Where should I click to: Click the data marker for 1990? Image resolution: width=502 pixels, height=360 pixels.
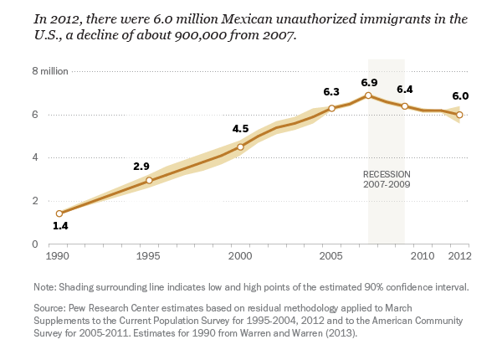pos(59,213)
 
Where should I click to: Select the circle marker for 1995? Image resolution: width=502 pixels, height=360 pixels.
pos(149,180)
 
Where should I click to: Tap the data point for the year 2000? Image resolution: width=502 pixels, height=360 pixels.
pos(240,147)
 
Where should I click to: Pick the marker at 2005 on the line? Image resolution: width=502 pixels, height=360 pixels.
pos(331,108)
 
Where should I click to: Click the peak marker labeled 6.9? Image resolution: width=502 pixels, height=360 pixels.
pos(368,95)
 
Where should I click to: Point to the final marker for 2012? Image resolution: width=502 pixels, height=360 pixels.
pos(459,115)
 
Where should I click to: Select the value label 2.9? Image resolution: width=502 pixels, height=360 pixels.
pos(141,167)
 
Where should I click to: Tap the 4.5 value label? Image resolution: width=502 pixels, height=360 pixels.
pos(241,129)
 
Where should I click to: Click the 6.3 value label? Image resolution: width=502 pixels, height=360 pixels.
pos(331,92)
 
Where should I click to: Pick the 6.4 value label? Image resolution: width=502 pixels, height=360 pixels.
pos(405,89)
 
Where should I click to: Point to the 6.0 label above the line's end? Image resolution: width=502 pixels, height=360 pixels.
pos(460,96)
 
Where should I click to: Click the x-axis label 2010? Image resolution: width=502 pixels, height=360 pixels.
pos(423,255)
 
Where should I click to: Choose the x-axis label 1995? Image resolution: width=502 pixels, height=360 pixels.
pos(149,255)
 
